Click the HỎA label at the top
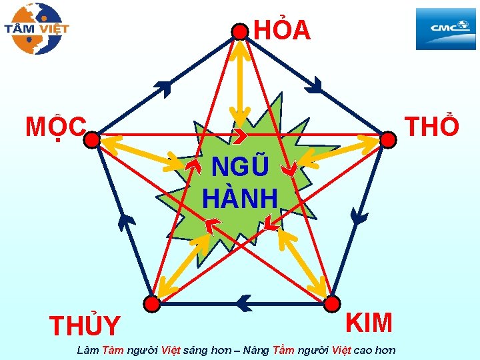click(282, 31)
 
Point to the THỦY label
click(85, 326)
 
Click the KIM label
click(369, 322)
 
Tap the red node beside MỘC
click(92, 139)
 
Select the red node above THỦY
click(153, 304)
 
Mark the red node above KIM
click(331, 304)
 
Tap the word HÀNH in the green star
click(240, 198)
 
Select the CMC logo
click(446, 29)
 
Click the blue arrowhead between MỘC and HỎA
click(162, 86)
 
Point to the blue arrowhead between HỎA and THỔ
click(315, 85)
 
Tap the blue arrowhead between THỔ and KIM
click(359, 217)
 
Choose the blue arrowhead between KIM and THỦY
click(244, 304)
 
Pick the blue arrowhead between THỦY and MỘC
click(123, 220)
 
